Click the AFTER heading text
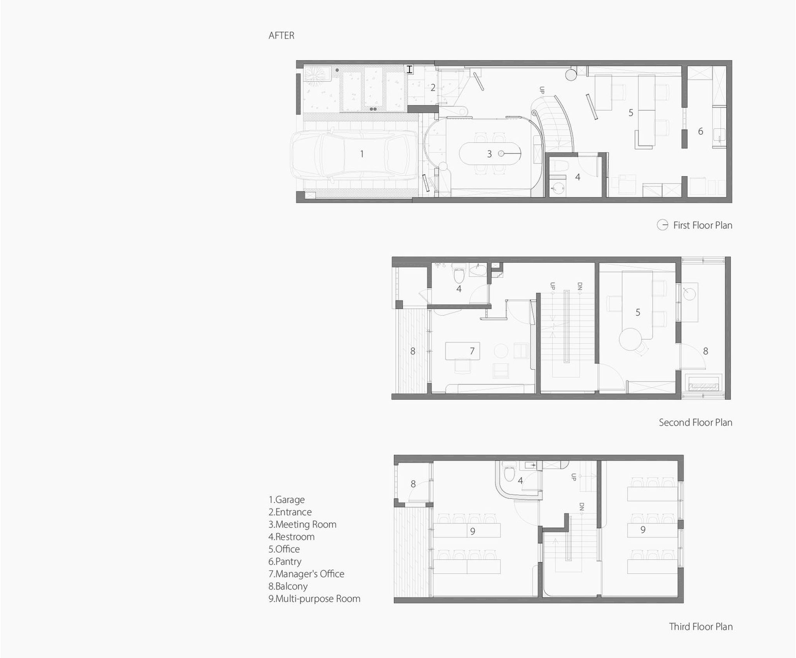coord(281,35)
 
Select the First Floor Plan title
coord(703,225)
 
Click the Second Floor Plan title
coord(695,422)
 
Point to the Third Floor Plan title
coord(701,626)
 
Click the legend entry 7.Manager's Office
coord(306,574)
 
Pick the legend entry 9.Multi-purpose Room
coord(314,599)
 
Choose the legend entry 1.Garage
coord(286,500)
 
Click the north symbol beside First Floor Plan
coord(662,225)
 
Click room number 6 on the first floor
coord(700,131)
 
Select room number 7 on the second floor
coord(472,351)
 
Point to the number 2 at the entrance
coord(433,88)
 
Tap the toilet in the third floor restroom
coord(508,474)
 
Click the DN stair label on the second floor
coord(580,286)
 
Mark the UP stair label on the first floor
coord(542,90)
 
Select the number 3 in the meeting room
coord(489,154)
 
